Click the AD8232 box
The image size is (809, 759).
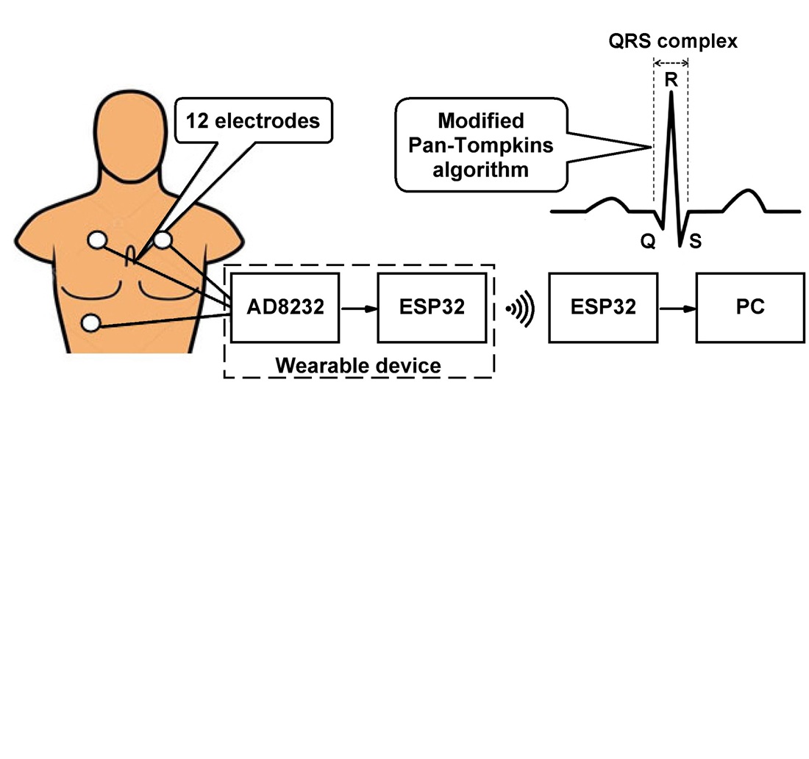coord(285,308)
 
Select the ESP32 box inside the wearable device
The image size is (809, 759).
coord(432,308)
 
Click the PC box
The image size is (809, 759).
coord(749,308)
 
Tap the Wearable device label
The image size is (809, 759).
coord(357,364)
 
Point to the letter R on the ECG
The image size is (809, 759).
coord(671,80)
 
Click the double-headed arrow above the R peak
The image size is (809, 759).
coord(671,63)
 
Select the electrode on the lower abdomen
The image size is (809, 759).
coord(93,323)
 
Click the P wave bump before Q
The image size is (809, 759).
coord(609,201)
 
